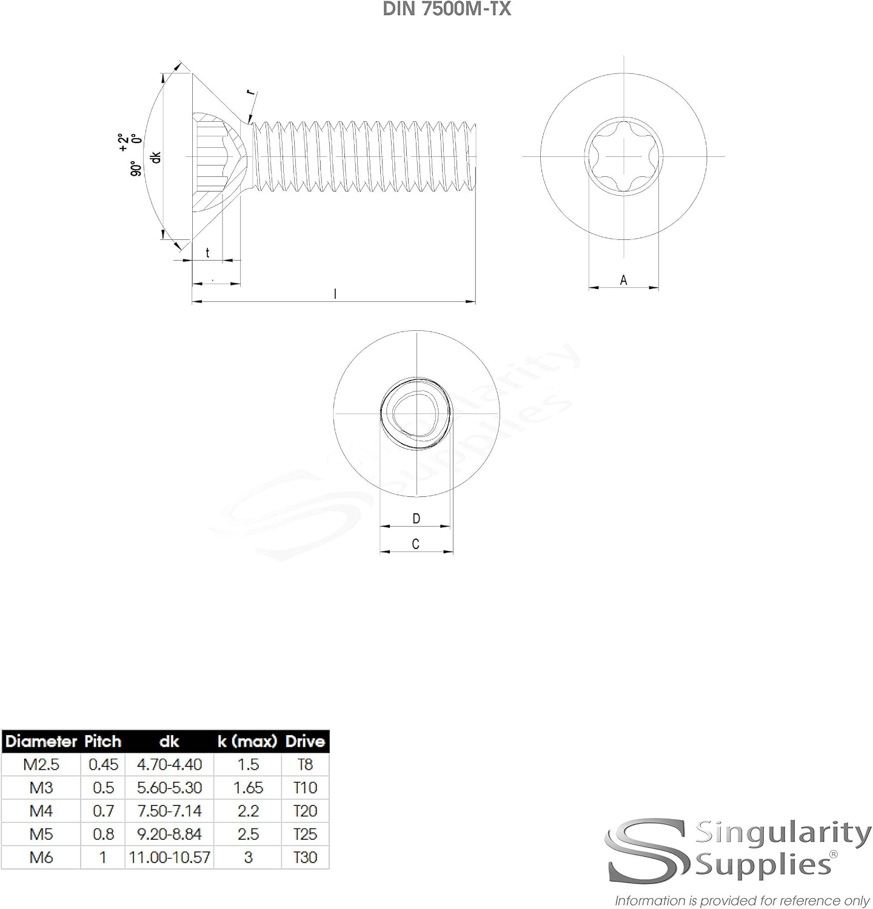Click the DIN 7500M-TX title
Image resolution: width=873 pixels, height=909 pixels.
coord(447,9)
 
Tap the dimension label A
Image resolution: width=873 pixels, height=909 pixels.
coord(623,280)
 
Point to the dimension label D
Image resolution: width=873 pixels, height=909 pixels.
coord(416,519)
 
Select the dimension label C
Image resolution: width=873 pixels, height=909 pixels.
coord(415,544)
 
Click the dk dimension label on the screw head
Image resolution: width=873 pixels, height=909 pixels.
coord(156,156)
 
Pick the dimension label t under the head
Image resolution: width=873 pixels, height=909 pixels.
coord(207,253)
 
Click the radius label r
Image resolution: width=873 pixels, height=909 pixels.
coord(251,93)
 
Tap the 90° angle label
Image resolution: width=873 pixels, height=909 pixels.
coord(137,168)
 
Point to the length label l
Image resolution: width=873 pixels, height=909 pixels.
coord(335,294)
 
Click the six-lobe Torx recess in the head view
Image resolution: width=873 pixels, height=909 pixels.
coord(623,156)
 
